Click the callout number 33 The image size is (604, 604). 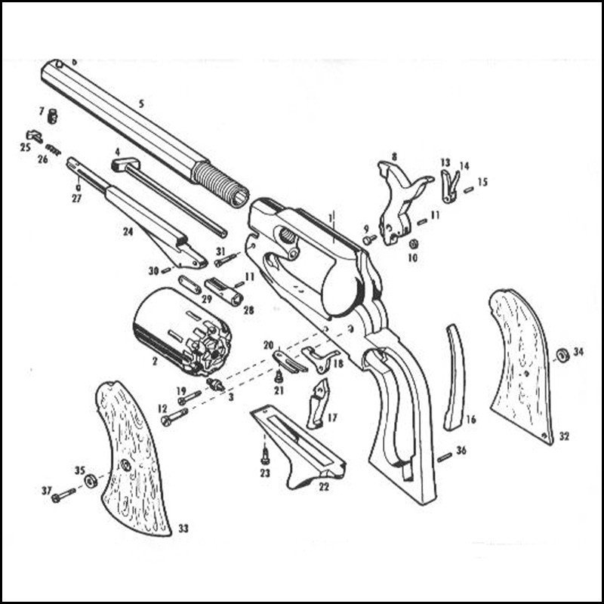tap(183, 528)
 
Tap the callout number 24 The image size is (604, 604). tap(128, 232)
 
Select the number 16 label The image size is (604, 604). tap(471, 419)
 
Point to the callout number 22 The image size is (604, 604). tap(324, 487)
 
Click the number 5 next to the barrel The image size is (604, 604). tap(141, 104)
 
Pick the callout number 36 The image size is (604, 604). tap(461, 450)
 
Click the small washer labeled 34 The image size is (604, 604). tap(562, 355)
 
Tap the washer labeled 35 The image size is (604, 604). tap(91, 481)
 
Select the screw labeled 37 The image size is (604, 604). tap(64, 495)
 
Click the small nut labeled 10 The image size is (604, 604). tap(414, 243)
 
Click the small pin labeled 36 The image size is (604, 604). tap(445, 458)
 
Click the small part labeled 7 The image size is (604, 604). tap(52, 116)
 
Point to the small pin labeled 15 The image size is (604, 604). tap(469, 190)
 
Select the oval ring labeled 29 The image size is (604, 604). tap(190, 285)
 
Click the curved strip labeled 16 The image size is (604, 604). tap(455, 377)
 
